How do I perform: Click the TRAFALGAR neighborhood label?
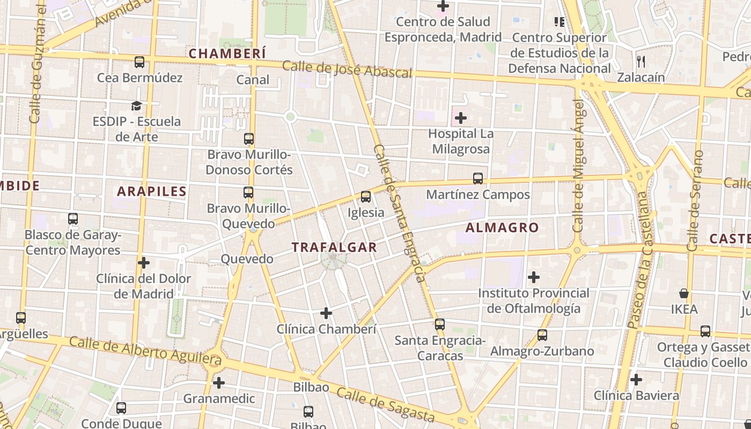tap(334, 247)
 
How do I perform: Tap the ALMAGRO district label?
tap(502, 227)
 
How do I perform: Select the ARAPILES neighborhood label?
tap(152, 191)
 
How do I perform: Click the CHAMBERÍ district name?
tap(227, 54)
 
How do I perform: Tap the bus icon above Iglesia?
tap(366, 197)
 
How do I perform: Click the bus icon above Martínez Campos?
tap(478, 179)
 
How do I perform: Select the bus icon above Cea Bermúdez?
tap(139, 62)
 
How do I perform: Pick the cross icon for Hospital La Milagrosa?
tap(461, 118)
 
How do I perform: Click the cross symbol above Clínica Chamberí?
tap(326, 313)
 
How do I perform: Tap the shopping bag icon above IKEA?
tap(684, 293)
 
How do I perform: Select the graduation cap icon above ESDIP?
tap(137, 106)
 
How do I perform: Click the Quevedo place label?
tap(247, 259)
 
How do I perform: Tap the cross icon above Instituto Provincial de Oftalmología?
tap(534, 277)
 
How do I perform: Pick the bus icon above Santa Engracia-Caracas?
tap(440, 324)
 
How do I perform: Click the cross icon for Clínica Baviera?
tap(636, 380)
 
